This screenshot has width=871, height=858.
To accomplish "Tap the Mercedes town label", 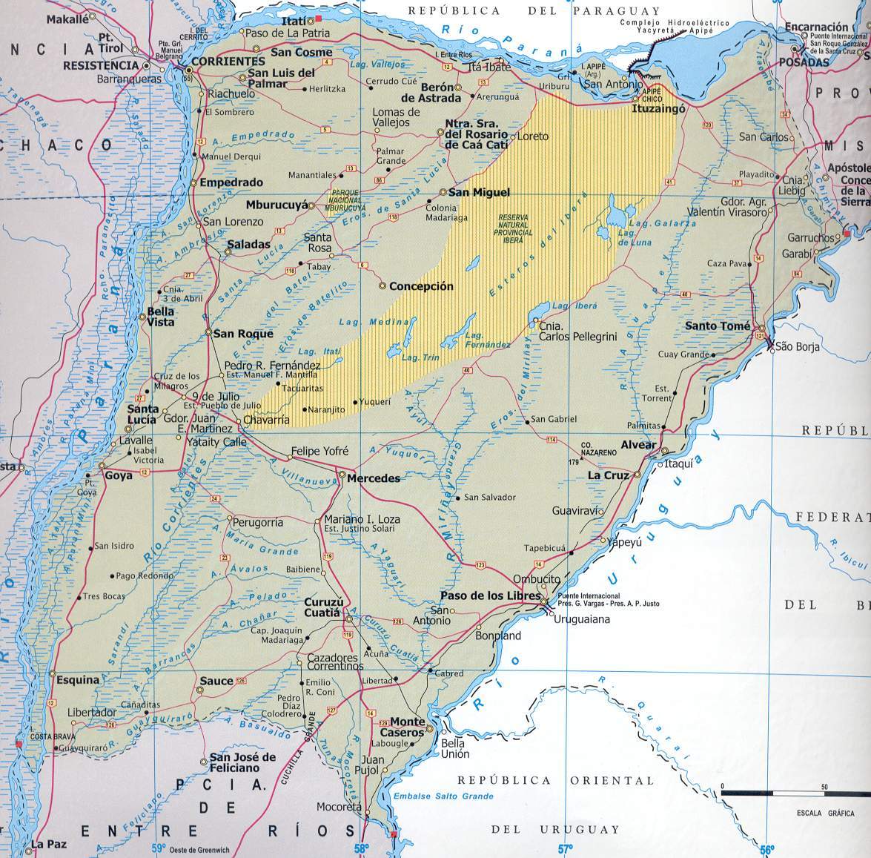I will click(x=374, y=478).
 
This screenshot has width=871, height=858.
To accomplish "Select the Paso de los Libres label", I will click(x=489, y=596).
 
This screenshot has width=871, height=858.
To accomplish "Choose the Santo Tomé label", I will click(x=718, y=326).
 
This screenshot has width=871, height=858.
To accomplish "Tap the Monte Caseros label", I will click(x=408, y=726).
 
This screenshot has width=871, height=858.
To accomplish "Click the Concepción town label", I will click(x=421, y=286).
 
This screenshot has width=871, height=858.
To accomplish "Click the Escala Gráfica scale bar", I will click(x=785, y=793).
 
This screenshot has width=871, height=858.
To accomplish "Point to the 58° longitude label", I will click(x=361, y=848).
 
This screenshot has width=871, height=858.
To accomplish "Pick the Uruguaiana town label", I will click(x=582, y=619).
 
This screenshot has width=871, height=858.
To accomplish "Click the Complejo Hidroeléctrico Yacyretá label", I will click(x=666, y=28).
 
